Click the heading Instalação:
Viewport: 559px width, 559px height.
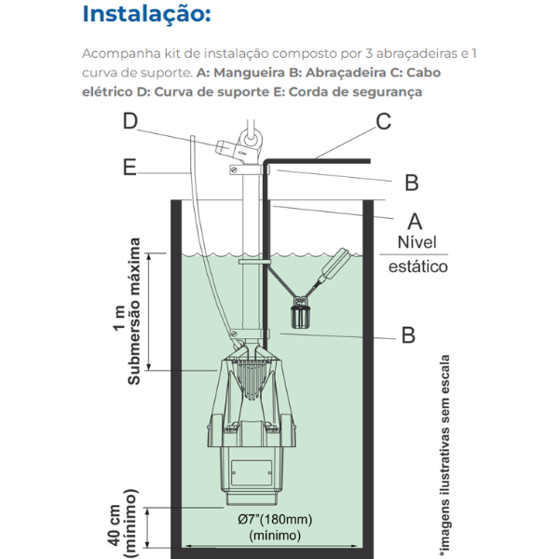[146, 14]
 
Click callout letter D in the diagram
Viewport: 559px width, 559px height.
[130, 121]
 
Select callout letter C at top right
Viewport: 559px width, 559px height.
[383, 121]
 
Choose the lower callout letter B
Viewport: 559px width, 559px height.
[407, 334]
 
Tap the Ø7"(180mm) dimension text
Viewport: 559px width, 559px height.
[274, 520]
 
